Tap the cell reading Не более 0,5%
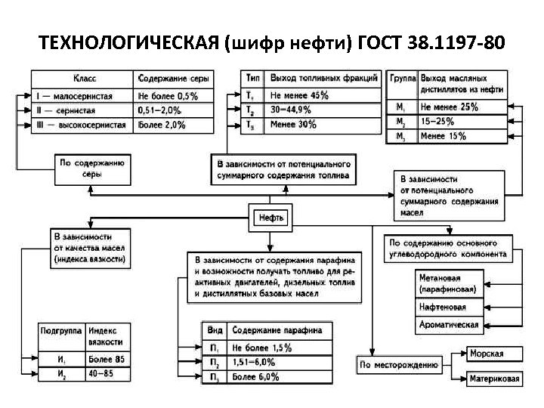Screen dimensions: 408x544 168,96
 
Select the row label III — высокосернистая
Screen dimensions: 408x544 81,125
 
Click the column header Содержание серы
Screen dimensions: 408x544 174,79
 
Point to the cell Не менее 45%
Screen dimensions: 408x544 299,95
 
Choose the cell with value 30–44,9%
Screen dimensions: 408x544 291,110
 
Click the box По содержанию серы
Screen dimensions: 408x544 91,168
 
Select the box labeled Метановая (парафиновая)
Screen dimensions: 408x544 447,283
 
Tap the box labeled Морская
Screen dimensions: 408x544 486,354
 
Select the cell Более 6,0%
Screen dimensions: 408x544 253,376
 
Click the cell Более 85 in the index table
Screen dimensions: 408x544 106,358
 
